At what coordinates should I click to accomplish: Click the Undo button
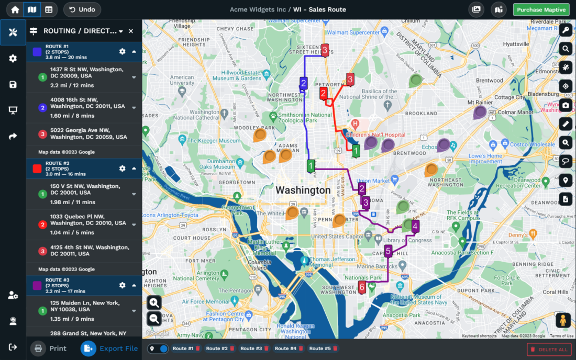(x=82, y=9)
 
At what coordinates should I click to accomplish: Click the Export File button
(x=110, y=348)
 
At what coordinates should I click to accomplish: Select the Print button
(x=50, y=348)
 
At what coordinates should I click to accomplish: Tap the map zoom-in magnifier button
(x=154, y=302)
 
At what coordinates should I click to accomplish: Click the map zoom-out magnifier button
(x=154, y=318)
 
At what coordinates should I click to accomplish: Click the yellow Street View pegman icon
(x=562, y=320)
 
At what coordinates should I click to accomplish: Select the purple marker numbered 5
(x=388, y=251)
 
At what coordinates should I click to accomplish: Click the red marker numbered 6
(x=362, y=286)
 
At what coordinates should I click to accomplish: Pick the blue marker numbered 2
(x=303, y=83)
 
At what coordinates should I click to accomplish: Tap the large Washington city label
(x=303, y=190)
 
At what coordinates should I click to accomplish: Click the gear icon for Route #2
(x=122, y=168)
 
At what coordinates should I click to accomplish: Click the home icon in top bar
(x=15, y=9)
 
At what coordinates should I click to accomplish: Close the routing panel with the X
(x=131, y=31)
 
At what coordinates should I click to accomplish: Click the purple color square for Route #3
(x=37, y=286)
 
